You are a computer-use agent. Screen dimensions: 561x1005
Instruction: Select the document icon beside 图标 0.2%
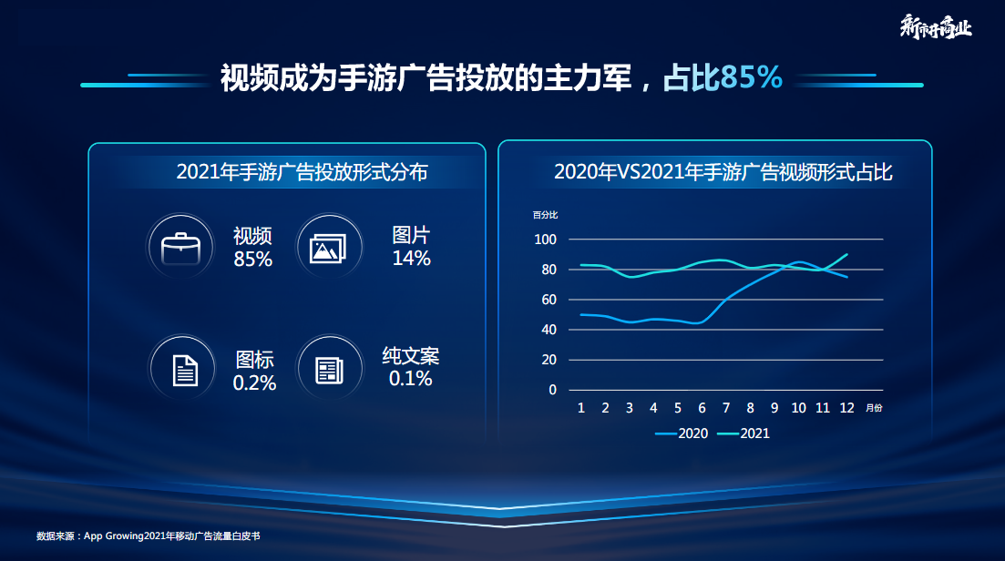pos(185,369)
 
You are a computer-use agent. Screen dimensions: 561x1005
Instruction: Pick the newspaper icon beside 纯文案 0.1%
pos(328,369)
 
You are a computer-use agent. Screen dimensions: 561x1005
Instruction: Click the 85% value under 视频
pos(252,260)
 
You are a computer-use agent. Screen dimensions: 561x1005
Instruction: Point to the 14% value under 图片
pos(411,259)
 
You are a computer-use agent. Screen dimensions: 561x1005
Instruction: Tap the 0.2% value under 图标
pos(254,383)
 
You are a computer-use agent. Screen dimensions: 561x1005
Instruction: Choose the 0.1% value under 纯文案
pos(411,379)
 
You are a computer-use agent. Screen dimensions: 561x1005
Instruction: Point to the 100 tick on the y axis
pos(545,240)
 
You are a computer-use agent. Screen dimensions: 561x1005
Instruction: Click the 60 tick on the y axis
pos(549,300)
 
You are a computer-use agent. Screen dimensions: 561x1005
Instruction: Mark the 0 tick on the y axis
pos(552,390)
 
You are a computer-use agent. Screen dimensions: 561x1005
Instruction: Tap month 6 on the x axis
pos(702,408)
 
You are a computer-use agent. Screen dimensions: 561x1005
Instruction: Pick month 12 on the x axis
pos(847,408)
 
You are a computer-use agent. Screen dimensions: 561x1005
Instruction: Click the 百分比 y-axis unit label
pos(546,215)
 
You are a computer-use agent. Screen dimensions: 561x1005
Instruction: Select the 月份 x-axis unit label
pos(874,408)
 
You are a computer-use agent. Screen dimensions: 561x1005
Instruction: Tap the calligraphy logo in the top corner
pos(936,27)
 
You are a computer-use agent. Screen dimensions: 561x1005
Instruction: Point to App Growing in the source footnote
pos(113,536)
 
